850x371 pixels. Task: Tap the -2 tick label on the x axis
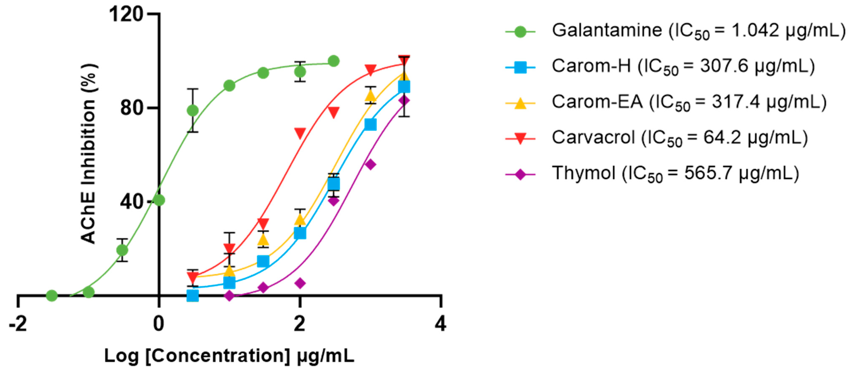click(x=18, y=324)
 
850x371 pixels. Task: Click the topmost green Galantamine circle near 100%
click(x=334, y=61)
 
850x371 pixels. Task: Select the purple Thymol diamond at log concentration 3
click(x=371, y=165)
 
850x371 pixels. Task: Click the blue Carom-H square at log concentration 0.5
click(x=193, y=295)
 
